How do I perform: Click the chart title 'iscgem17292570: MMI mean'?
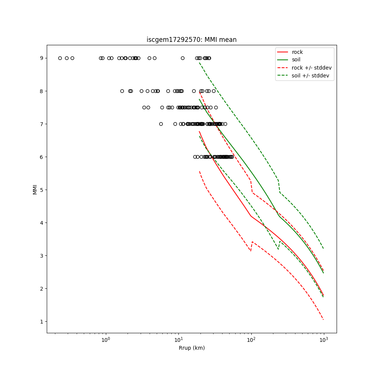point(191,40)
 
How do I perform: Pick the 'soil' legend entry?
point(296,60)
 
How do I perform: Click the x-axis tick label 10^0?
point(106,340)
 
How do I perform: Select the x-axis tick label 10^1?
point(178,340)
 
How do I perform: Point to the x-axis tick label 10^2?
point(251,340)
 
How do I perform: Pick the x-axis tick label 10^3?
point(324,340)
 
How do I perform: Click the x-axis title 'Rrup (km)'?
point(191,348)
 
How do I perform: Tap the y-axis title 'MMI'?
point(35,189)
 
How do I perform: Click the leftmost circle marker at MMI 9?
point(60,58)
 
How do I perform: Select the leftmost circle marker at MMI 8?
point(122,91)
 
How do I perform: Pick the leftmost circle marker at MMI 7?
point(161,124)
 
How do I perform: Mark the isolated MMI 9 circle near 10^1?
point(183,58)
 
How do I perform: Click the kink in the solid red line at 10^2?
point(251,216)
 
